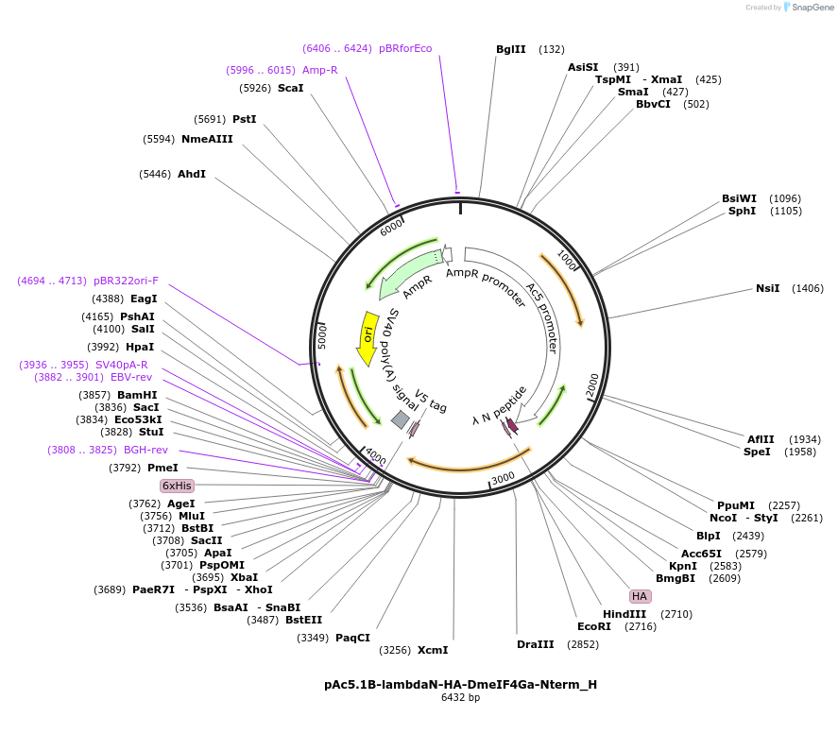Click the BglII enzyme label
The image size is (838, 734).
(511, 49)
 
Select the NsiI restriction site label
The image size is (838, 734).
(768, 288)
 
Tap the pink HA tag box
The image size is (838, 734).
(640, 596)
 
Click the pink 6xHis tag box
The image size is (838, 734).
(177, 486)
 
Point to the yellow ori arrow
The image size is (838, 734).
(367, 339)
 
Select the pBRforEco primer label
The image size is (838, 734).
(405, 48)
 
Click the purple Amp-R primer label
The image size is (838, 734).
(320, 70)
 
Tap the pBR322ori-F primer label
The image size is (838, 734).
(126, 281)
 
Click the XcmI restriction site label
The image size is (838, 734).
(433, 650)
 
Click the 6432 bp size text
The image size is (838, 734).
(461, 698)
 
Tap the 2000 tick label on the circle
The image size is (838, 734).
(592, 384)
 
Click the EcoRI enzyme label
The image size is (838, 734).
(594, 626)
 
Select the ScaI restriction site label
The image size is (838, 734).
(291, 88)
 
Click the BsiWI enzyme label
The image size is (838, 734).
(739, 198)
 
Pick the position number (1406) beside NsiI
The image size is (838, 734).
(808, 288)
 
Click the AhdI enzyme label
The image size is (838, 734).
(192, 174)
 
